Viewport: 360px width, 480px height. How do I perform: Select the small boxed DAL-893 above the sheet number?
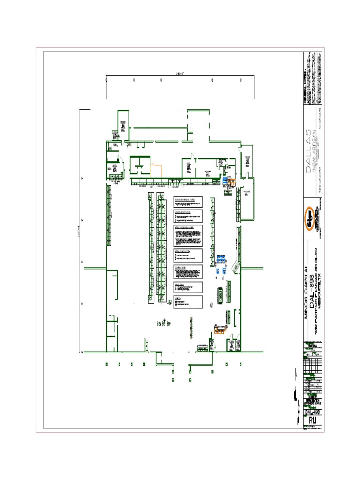coord(312,412)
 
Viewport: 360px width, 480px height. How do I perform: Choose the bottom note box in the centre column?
coord(188,302)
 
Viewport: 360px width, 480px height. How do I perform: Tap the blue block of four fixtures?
coord(220,258)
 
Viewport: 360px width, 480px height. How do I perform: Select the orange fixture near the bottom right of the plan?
coord(218,330)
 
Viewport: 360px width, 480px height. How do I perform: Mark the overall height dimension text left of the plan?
coord(79,230)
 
